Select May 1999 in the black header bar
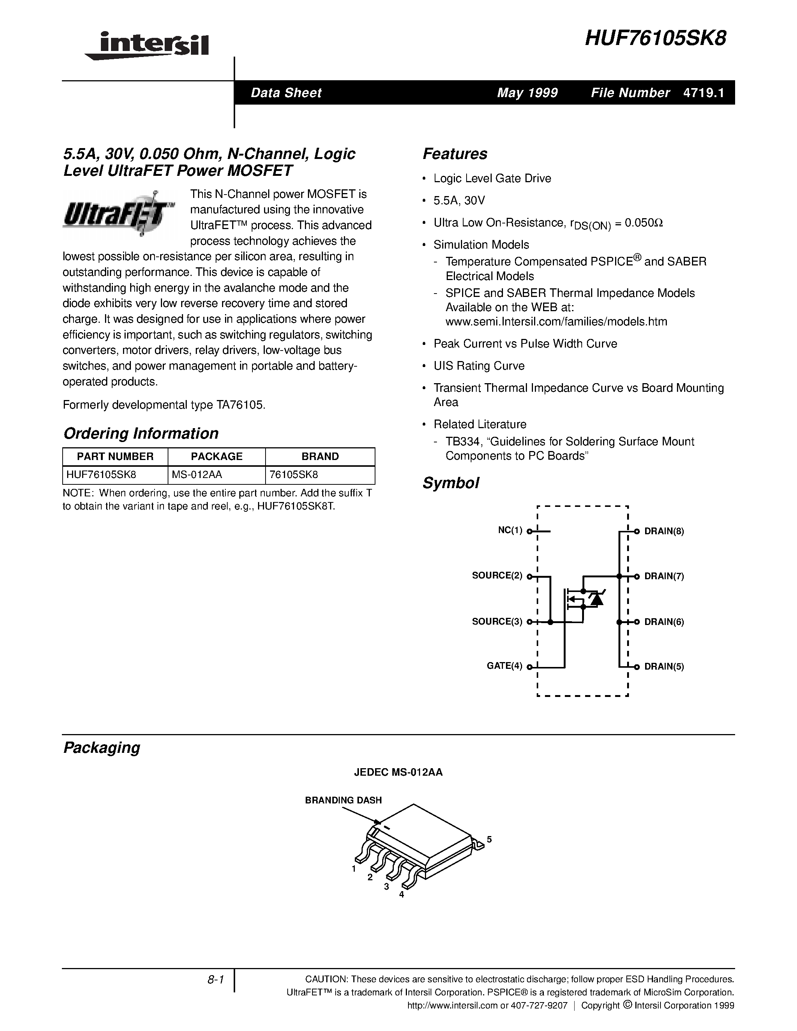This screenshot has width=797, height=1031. pyautogui.click(x=527, y=93)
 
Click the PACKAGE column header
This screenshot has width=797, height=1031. pyautogui.click(x=217, y=457)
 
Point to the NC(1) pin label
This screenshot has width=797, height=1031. pyautogui.click(x=510, y=530)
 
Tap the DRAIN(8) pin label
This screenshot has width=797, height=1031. pyautogui.click(x=664, y=531)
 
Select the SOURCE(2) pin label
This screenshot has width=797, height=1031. pyautogui.click(x=497, y=575)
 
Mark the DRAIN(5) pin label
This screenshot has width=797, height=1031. pyautogui.click(x=664, y=667)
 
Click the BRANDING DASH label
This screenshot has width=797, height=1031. pyautogui.click(x=343, y=800)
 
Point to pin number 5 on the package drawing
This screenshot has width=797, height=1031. pyautogui.click(x=489, y=839)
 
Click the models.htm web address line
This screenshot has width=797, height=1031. pyautogui.click(x=556, y=322)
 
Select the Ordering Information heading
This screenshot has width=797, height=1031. pyautogui.click(x=141, y=433)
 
